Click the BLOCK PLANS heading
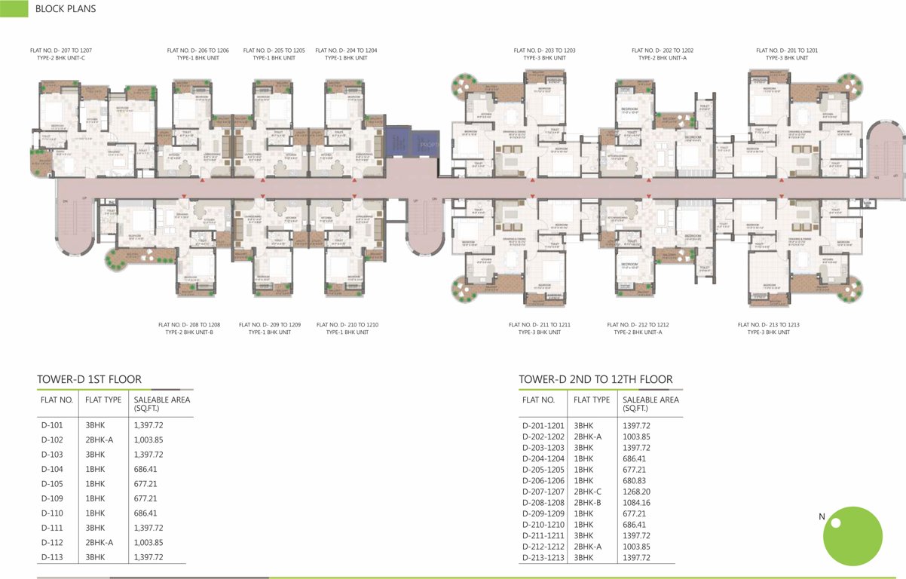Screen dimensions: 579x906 66,9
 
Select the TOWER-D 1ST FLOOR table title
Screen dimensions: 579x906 89,379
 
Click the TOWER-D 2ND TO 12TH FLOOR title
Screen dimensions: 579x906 595,379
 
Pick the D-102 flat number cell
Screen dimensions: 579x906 53,440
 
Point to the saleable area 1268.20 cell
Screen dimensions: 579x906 636,492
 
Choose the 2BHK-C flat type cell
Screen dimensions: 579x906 587,492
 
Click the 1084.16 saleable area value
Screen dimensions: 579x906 636,502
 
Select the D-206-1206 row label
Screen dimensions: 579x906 543,480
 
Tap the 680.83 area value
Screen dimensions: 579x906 635,480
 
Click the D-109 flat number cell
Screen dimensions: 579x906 53,498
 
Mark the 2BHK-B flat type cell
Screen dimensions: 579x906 587,502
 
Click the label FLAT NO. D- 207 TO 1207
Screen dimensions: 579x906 61,51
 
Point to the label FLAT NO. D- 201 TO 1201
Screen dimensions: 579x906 787,51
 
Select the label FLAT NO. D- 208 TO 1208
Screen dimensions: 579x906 189,325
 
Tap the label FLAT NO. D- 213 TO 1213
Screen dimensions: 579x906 768,325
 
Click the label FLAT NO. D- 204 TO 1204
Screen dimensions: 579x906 346,51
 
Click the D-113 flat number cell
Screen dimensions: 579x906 53,557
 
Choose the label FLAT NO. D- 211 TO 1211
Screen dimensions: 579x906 539,325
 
